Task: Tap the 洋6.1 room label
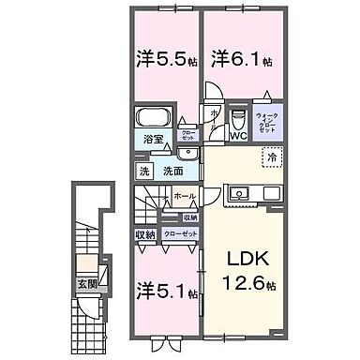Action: coord(238,57)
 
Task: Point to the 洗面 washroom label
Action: coord(172,172)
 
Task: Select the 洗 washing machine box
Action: coord(144,172)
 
